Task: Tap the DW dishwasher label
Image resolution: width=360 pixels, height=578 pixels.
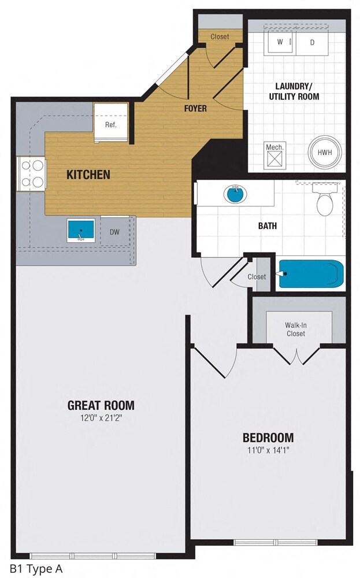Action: point(114,232)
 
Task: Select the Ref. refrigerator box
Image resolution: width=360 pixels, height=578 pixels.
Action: point(111,124)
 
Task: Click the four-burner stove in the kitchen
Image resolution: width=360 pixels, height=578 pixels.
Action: point(32,174)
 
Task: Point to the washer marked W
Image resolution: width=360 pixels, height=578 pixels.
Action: point(280,42)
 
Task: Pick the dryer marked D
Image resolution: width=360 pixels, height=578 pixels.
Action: point(313,42)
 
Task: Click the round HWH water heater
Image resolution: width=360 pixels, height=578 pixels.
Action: point(324,153)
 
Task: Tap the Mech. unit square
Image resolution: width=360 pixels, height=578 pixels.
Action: point(274,154)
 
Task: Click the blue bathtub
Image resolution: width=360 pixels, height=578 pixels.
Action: point(311,274)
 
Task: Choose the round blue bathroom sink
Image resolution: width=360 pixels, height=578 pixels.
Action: point(235,194)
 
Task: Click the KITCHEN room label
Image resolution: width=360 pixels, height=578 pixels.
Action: point(88,174)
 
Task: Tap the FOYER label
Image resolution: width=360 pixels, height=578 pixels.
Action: point(195,108)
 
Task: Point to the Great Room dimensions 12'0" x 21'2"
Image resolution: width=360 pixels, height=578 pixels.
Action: point(101,418)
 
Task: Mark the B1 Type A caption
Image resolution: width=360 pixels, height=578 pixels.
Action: point(35,568)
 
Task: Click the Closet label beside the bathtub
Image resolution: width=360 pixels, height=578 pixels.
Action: point(257,277)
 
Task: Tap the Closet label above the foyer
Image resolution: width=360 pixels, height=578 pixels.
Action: point(220,36)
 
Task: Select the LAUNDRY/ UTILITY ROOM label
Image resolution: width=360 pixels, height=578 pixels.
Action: point(294,92)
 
